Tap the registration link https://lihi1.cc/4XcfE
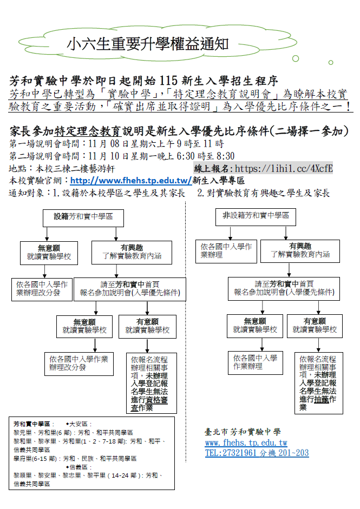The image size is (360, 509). pos(284,169)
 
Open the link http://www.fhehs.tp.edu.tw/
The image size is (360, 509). pos(130,181)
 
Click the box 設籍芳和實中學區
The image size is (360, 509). pos(83,216)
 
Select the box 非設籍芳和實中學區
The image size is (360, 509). pos(256,216)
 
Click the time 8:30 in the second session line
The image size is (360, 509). pos(225,157)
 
